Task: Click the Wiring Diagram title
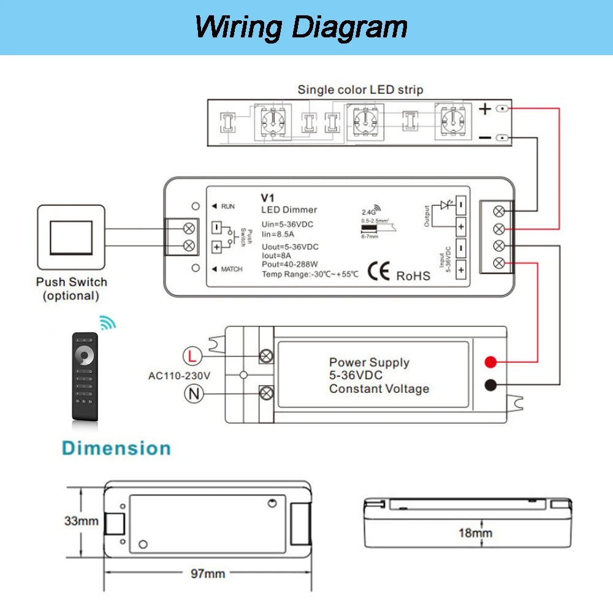pyautogui.click(x=301, y=28)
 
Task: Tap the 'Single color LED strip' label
pyautogui.click(x=360, y=89)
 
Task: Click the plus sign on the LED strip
pyautogui.click(x=485, y=109)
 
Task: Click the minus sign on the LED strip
pyautogui.click(x=485, y=138)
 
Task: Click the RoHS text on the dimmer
pyautogui.click(x=413, y=276)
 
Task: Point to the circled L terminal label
pyautogui.click(x=192, y=356)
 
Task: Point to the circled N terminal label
pyautogui.click(x=194, y=394)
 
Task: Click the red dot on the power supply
pyautogui.click(x=490, y=362)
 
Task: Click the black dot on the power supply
pyautogui.click(x=490, y=386)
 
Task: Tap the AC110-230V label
pyautogui.click(x=180, y=375)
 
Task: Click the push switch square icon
pyautogui.click(x=71, y=237)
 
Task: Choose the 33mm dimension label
pyautogui.click(x=82, y=522)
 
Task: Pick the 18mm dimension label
pyautogui.click(x=475, y=533)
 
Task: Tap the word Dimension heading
pyautogui.click(x=116, y=448)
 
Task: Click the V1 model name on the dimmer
pyautogui.click(x=267, y=198)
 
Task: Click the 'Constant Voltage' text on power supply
pyautogui.click(x=379, y=389)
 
